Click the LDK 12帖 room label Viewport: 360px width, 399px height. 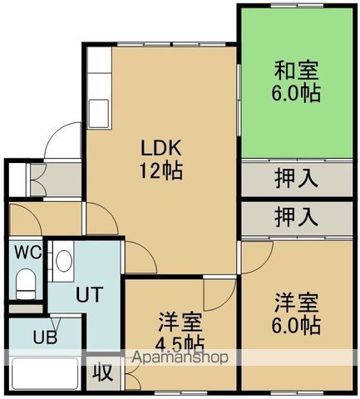point(161,160)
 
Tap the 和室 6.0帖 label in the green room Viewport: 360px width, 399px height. point(297,81)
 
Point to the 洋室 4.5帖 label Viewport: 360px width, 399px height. point(180,331)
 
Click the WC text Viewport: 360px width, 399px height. point(24,251)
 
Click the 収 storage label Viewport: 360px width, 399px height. point(102,372)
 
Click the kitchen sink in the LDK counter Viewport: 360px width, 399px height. point(99,111)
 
